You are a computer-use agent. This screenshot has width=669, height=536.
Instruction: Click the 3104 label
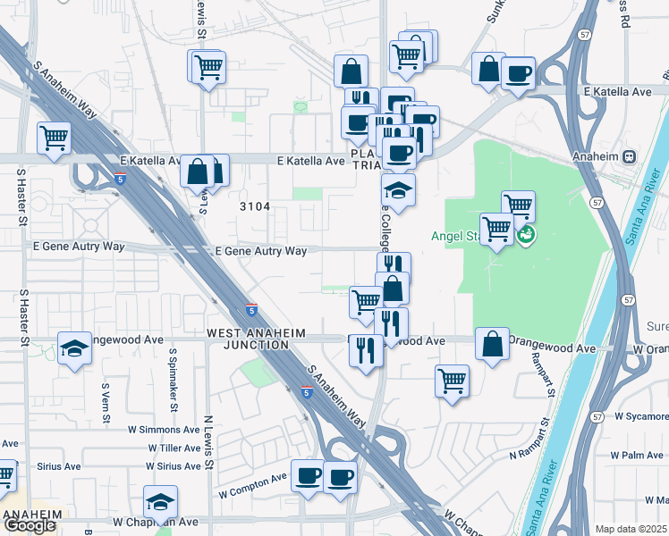255,206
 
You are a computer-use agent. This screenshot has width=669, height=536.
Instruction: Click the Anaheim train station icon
630,156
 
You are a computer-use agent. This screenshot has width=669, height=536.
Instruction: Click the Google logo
30,525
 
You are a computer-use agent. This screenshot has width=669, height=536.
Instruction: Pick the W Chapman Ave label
156,522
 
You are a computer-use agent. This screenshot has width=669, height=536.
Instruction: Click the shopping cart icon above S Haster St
54,138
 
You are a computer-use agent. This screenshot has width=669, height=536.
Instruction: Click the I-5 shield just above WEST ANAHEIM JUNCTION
253,310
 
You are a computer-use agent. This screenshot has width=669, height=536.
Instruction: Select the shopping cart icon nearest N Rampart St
453,381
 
